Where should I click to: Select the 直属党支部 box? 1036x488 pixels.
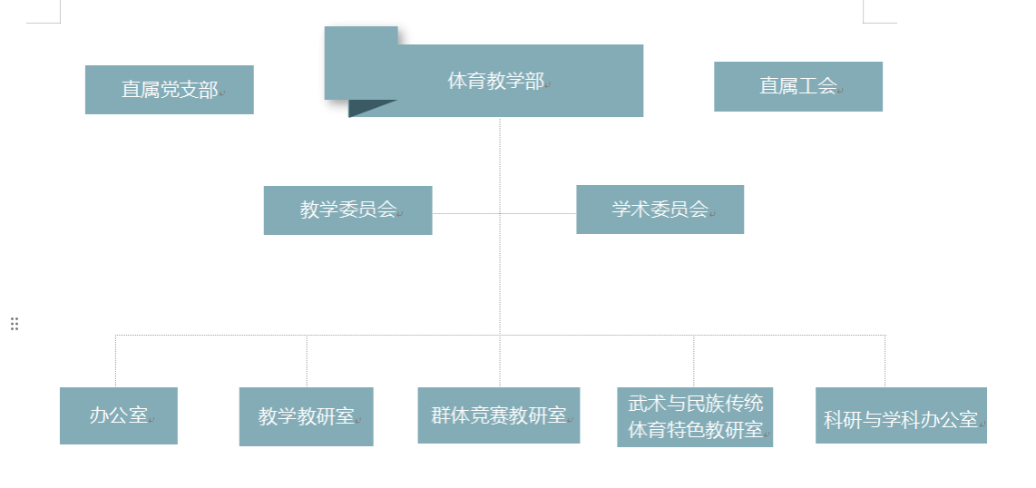(x=169, y=90)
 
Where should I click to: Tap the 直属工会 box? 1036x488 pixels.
(x=797, y=86)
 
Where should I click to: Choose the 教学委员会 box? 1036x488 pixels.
(x=347, y=210)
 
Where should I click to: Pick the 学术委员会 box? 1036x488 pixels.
(x=660, y=210)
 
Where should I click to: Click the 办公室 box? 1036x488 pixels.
(x=118, y=416)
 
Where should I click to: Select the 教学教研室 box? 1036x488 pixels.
(x=306, y=417)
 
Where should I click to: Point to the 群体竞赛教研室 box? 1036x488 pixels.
(x=498, y=415)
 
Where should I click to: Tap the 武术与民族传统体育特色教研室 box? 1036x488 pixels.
(x=695, y=417)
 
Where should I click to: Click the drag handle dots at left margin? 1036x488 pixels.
(x=15, y=324)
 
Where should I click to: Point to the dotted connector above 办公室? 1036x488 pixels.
(x=116, y=361)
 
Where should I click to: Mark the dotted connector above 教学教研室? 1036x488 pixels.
(x=307, y=361)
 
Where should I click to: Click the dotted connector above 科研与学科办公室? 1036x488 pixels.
(x=885, y=361)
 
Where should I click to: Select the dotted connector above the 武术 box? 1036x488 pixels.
(x=694, y=361)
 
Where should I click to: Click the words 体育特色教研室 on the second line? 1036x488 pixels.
(x=695, y=430)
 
